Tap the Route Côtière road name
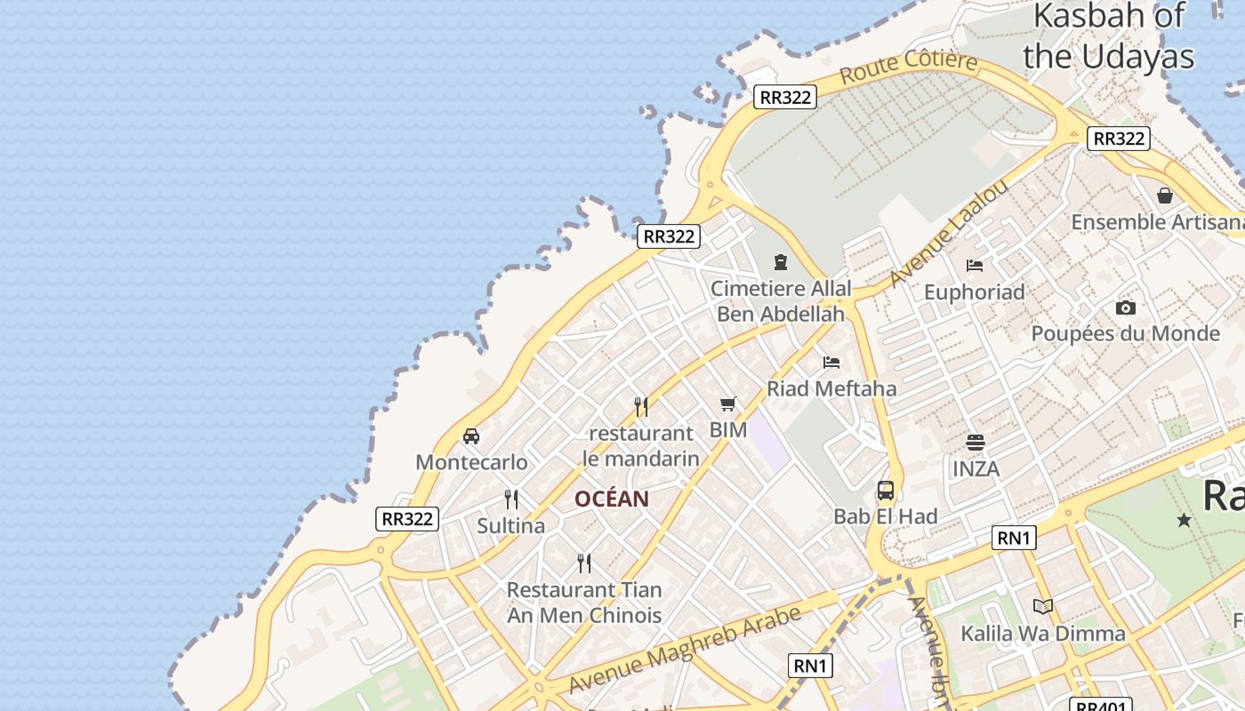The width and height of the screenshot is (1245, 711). click(x=908, y=68)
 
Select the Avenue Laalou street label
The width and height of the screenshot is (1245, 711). click(x=948, y=233)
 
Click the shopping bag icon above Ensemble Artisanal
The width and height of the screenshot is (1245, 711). click(x=1165, y=196)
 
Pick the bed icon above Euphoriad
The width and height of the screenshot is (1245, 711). click(x=975, y=265)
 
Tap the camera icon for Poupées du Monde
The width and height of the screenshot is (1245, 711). click(x=1126, y=308)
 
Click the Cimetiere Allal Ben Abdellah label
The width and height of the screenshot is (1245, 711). click(x=781, y=300)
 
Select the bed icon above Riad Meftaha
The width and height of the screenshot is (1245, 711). click(x=831, y=362)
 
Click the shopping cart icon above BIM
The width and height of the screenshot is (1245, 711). click(x=728, y=404)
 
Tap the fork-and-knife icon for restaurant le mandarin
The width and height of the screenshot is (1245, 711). click(x=641, y=406)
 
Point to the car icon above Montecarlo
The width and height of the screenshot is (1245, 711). click(x=471, y=435)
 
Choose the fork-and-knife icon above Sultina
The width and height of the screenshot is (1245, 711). click(x=511, y=499)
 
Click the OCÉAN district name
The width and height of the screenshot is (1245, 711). click(x=612, y=499)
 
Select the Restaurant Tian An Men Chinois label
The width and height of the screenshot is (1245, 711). click(x=584, y=602)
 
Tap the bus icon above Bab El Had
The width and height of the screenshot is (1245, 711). click(x=886, y=490)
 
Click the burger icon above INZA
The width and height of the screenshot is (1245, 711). click(x=976, y=442)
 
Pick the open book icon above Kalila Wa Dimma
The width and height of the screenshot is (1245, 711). click(x=1043, y=606)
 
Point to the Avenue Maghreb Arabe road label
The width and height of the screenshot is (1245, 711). click(x=685, y=651)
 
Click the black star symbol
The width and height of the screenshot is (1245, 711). click(x=1184, y=520)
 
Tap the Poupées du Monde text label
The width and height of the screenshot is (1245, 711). click(x=1125, y=334)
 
